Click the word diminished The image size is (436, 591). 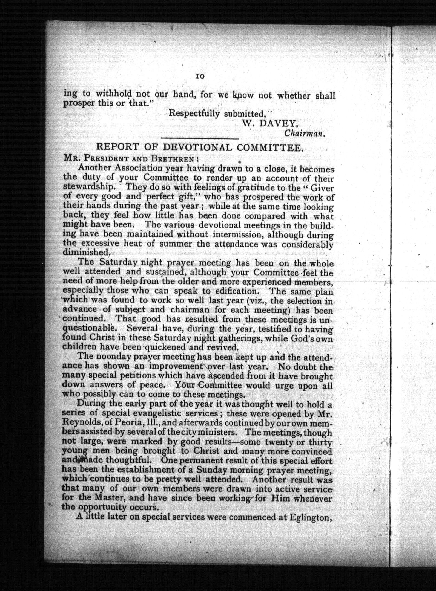tap(85, 252)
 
